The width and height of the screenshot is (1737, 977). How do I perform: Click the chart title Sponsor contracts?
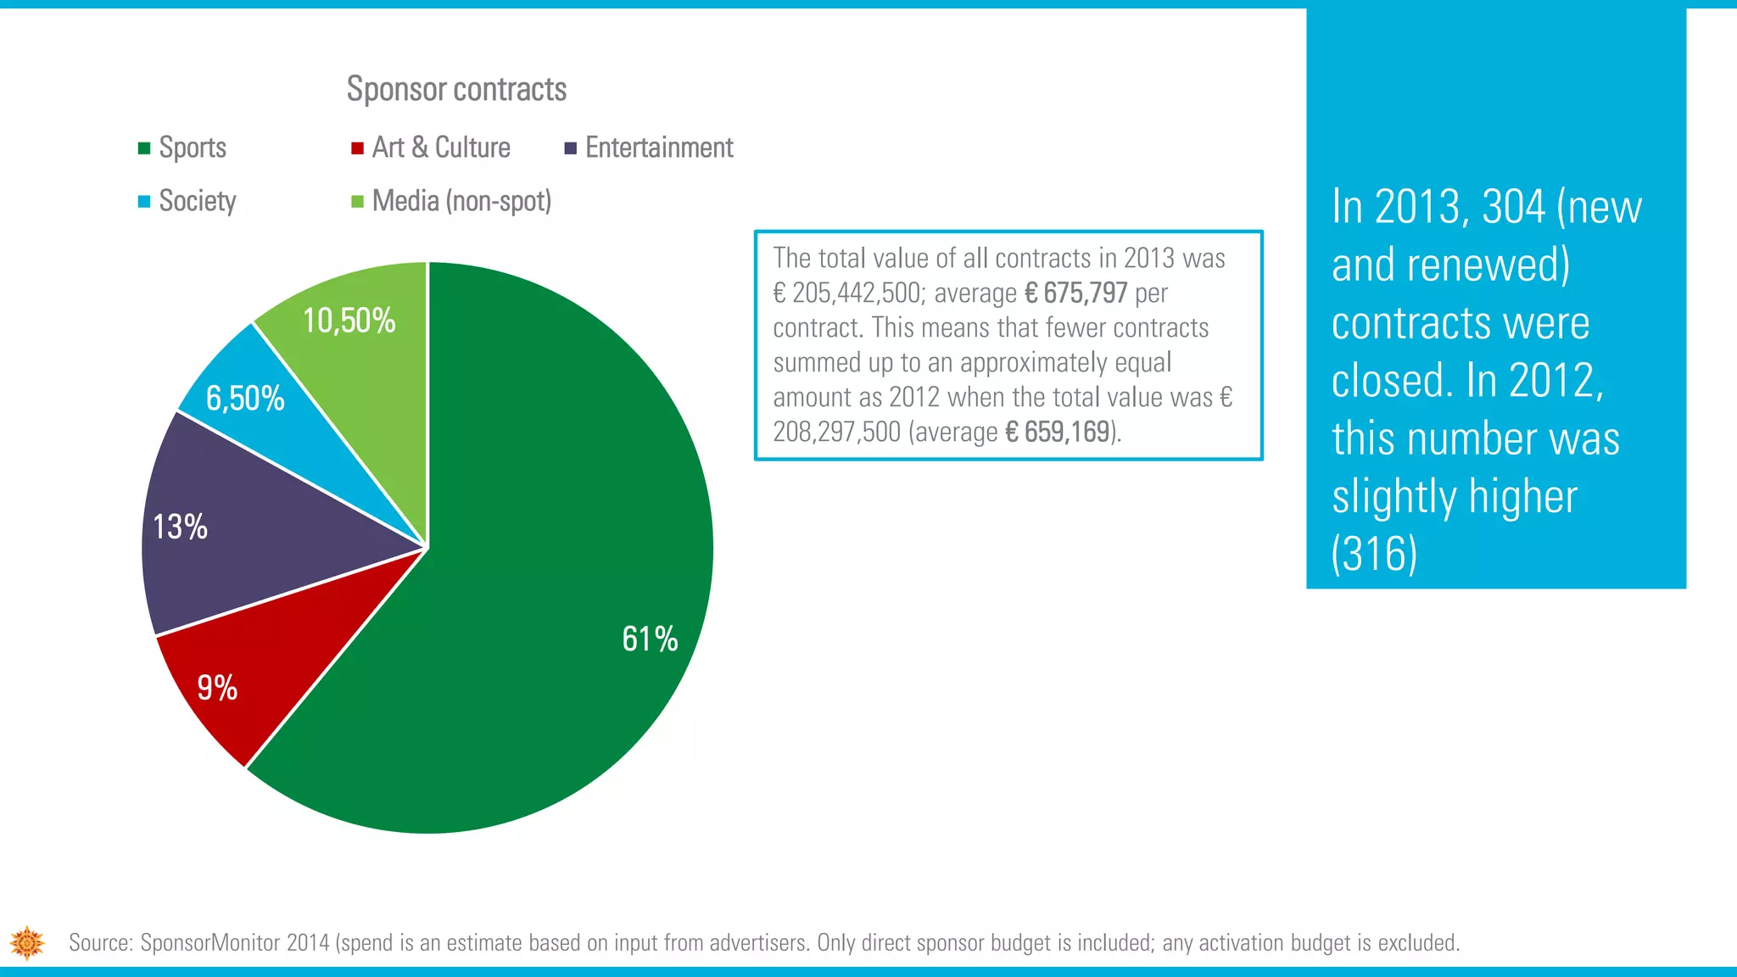point(456,89)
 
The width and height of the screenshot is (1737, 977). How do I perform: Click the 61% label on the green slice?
point(650,639)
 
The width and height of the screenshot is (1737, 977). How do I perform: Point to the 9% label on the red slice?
point(217,687)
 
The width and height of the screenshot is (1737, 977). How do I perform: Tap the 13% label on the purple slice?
point(180,527)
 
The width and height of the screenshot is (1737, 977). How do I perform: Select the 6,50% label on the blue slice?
point(245,398)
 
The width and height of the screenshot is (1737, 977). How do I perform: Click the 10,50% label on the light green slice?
point(349,321)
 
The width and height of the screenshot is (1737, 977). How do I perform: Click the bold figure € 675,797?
point(1075,293)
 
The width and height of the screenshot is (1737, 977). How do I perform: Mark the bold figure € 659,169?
point(1057,433)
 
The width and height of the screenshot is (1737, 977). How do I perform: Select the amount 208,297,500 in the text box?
point(836,433)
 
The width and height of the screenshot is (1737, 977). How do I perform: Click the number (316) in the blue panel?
point(1374,554)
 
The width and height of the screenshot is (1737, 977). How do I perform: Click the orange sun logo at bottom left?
point(27,942)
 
